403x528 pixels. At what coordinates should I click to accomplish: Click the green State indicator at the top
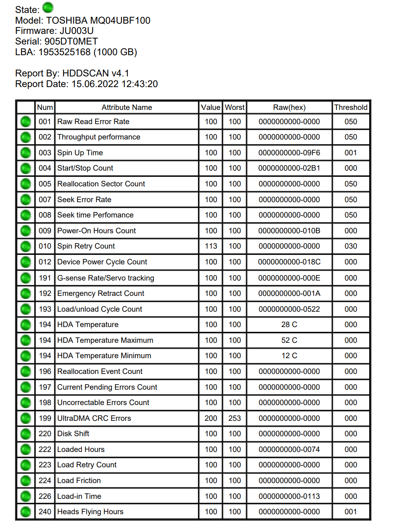[48, 7]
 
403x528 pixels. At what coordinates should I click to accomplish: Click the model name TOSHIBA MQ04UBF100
[98, 20]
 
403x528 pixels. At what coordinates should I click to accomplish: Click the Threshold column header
[351, 107]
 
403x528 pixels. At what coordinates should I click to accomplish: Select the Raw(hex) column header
[289, 107]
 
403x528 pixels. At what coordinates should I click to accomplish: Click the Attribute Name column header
[127, 107]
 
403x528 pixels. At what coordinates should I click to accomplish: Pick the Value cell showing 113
[211, 246]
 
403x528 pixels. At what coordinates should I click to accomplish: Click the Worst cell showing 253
[235, 418]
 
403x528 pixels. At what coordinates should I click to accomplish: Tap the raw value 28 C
[289, 325]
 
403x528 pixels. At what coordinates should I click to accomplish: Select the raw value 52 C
[289, 340]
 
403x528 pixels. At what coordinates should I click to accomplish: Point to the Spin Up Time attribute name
[80, 153]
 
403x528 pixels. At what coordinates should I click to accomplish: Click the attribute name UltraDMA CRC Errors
[94, 418]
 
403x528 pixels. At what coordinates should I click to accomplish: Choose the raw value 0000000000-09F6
[289, 153]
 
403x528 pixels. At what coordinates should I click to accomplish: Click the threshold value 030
[351, 246]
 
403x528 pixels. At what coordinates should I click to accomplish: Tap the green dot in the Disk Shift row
[26, 434]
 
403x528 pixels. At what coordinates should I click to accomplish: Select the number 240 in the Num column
[45, 511]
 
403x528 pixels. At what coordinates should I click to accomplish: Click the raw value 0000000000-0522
[289, 309]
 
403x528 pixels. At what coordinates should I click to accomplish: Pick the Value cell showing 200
[211, 418]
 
